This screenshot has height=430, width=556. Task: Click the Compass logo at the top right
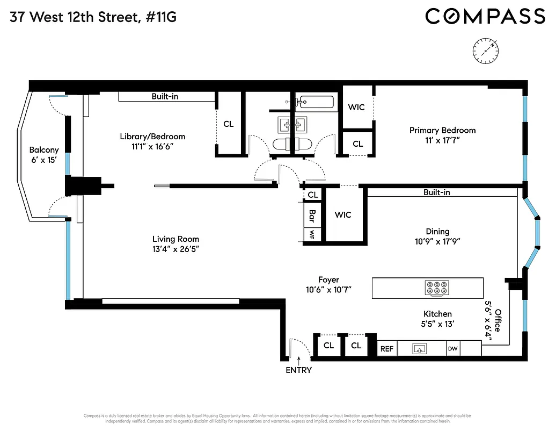(485, 17)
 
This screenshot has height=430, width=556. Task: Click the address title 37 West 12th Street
(93, 18)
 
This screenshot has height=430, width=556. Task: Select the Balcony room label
(44, 150)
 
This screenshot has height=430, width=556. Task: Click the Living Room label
(175, 239)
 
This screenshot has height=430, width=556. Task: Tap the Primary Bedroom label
(442, 130)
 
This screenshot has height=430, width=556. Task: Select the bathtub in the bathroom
(316, 101)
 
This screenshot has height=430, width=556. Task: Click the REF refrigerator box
(387, 349)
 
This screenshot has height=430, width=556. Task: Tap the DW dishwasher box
(453, 349)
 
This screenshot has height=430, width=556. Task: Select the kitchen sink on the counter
(419, 349)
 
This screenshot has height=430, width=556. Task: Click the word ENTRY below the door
(298, 370)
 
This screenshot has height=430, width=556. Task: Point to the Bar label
(312, 216)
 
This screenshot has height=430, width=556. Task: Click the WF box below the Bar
(312, 234)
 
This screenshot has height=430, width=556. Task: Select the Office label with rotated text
(498, 320)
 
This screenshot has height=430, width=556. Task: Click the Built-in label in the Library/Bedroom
(165, 97)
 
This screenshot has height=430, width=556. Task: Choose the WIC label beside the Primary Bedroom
(356, 107)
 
